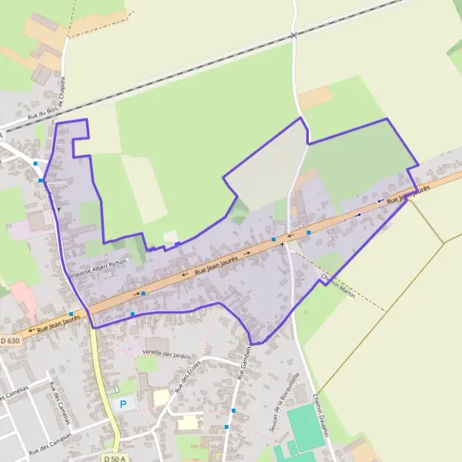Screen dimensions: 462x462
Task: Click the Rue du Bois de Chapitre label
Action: pyautogui.click(x=47, y=101)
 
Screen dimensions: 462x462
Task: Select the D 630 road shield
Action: pyautogui.click(x=11, y=340)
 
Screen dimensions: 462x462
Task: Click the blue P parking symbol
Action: pyautogui.click(x=122, y=403)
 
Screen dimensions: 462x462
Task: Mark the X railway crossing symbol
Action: pyautogui.click(x=293, y=35)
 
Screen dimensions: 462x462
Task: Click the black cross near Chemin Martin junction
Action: pyautogui.click(x=282, y=245)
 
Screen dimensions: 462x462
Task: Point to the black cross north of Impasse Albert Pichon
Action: pyautogui.click(x=58, y=209)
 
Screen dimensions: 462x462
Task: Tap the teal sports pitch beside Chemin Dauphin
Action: pyautogui.click(x=306, y=428)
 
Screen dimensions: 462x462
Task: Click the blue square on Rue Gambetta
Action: pyautogui.click(x=226, y=426)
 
